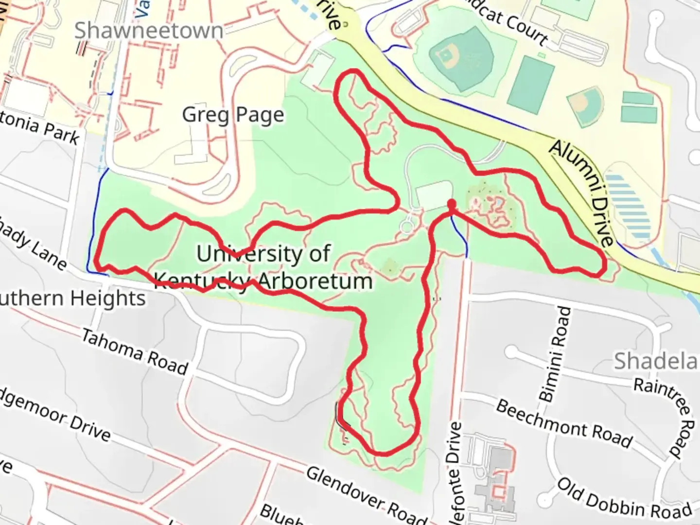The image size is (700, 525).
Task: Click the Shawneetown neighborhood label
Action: [148, 31]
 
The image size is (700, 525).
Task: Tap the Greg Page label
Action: [233, 115]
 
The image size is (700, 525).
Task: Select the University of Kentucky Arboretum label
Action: [263, 267]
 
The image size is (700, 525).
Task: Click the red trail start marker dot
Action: [452, 203]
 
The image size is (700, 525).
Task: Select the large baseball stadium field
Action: [459, 57]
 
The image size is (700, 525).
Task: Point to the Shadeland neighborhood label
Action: [656, 361]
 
